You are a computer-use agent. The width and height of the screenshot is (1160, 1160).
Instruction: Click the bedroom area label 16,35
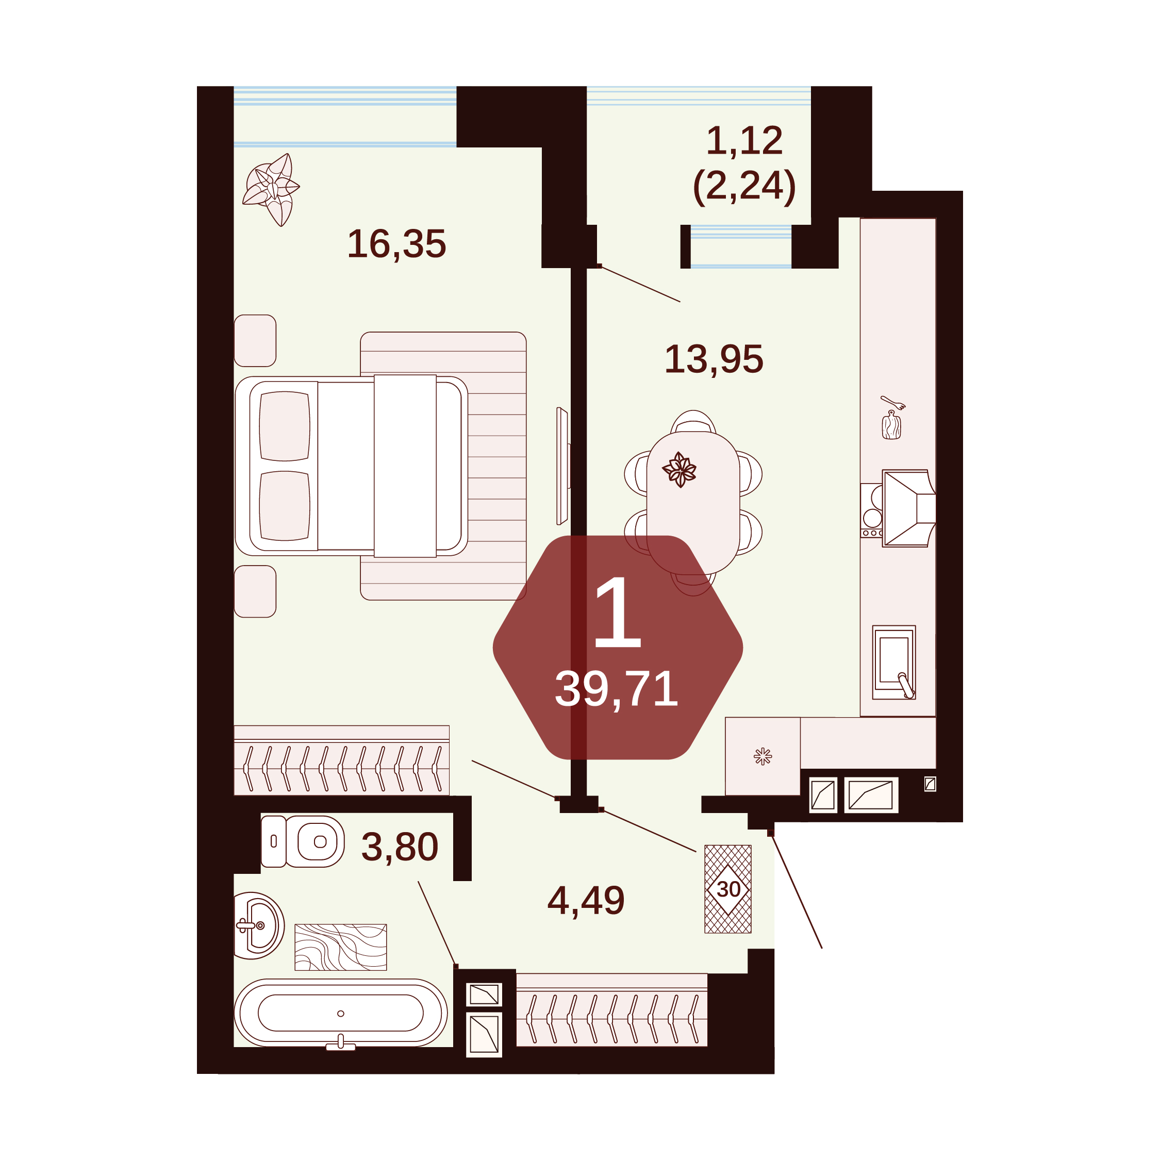point(397,244)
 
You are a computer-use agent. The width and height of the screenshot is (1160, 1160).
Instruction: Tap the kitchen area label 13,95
point(714,360)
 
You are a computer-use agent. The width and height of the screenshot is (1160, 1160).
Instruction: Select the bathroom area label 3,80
point(400,847)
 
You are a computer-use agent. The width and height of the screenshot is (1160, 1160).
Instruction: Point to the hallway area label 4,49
point(586,901)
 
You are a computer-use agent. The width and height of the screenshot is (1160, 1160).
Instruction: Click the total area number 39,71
point(617,689)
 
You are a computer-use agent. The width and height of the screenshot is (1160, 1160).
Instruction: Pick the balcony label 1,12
point(744,141)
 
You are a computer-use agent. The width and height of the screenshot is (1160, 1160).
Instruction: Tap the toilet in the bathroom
point(303,841)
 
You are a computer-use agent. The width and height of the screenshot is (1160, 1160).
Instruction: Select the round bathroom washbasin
point(259,925)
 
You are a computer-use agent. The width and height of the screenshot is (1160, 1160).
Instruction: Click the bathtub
point(340,1014)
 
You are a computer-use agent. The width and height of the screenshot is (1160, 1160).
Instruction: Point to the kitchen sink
point(894,662)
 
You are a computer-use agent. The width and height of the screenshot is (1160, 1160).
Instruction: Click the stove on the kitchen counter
point(872,510)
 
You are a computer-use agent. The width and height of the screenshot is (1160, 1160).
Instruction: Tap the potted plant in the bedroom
point(271,189)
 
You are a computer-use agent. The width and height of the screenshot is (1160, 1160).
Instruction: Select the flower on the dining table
point(679,470)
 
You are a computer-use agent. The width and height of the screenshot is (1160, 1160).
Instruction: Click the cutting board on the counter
point(891,425)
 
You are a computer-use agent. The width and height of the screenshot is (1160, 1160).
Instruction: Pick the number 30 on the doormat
point(728,889)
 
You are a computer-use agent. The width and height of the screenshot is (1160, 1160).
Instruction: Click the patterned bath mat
point(340,947)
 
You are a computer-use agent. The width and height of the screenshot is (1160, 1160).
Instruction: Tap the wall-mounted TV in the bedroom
point(562,466)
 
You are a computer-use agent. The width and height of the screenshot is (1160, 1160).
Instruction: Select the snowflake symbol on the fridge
point(763,756)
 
